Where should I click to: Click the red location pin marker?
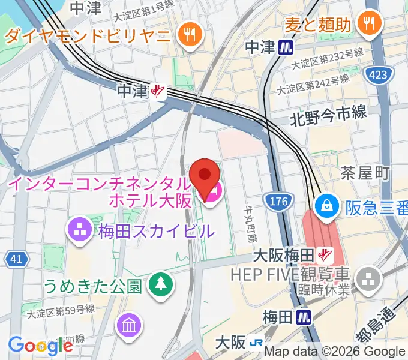204,178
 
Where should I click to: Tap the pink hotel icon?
212,193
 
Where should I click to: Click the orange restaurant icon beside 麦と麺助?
367,23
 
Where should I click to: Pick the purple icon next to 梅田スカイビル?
79,229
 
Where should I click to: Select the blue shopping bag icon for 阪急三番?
328,206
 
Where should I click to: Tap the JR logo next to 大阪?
256,343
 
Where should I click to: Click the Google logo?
40,346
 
